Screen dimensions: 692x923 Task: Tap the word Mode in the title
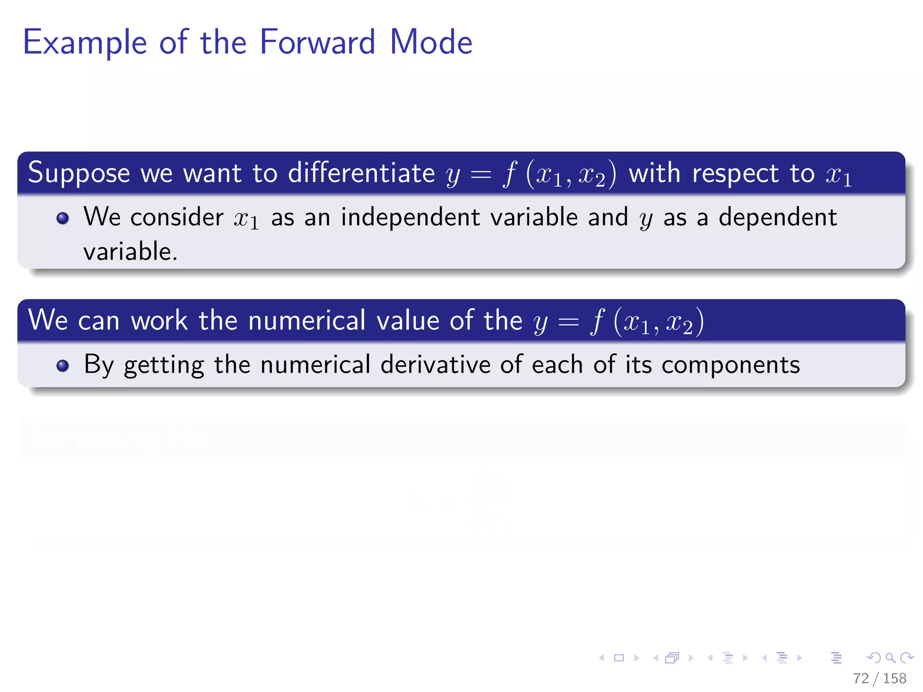pos(431,42)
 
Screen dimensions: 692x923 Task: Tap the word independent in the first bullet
pos(410,217)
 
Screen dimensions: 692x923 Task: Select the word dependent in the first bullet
pos(777,217)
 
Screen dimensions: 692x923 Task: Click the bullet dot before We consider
pos(63,219)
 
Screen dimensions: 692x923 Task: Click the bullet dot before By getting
pos(63,365)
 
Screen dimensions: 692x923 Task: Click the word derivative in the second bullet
pos(435,364)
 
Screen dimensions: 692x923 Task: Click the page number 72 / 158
pos(879,678)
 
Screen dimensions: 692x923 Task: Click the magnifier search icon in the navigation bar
pos(890,658)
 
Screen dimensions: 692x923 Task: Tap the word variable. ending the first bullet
pos(130,251)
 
